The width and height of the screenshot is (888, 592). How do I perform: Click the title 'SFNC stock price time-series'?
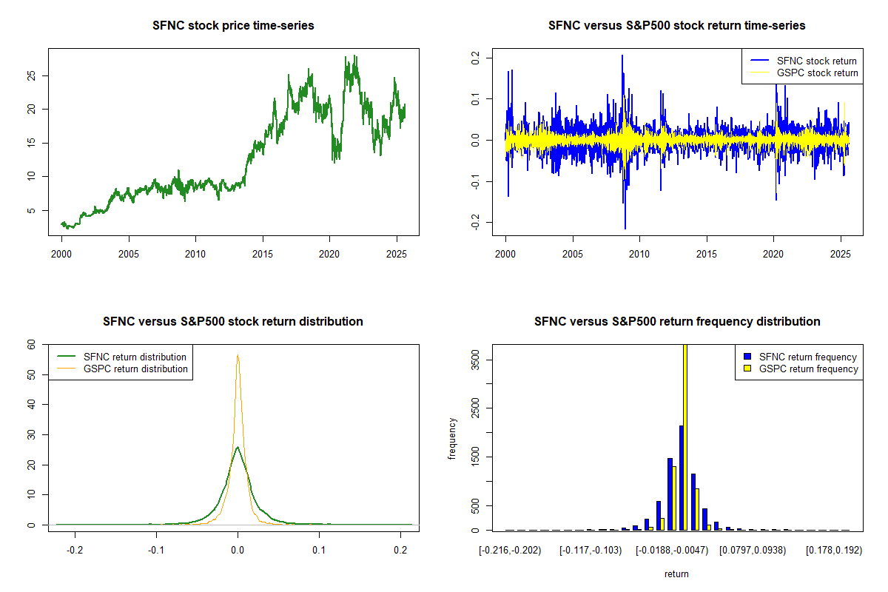233,26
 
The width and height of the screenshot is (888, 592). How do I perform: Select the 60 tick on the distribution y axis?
31,344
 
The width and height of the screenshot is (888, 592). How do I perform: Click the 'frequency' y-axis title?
452,439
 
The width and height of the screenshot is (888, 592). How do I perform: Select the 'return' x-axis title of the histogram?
676,573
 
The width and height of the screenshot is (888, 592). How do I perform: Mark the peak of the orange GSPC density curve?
238,355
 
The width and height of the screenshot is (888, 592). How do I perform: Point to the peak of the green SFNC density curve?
237,447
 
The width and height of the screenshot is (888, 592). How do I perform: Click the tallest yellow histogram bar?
685,437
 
